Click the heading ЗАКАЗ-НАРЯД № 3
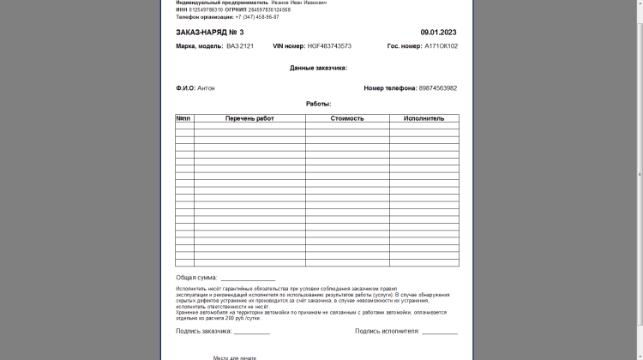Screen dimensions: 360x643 point(210,32)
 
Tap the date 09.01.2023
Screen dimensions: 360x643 point(439,32)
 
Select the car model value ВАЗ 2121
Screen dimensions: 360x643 point(240,46)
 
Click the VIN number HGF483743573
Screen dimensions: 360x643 point(329,46)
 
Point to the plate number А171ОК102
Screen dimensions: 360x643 point(441,46)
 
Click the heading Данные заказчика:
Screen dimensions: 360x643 point(318,67)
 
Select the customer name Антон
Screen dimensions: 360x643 point(206,87)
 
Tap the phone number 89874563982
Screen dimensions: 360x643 point(438,87)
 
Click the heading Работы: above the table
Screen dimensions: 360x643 point(318,104)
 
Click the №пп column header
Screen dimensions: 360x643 point(183,118)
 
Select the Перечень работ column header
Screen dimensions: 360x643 point(249,118)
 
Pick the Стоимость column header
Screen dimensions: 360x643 point(347,118)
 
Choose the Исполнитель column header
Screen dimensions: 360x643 point(424,118)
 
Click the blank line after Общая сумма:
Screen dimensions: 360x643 point(248,279)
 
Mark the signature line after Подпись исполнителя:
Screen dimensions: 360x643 point(439,332)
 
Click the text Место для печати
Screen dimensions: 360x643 point(235,357)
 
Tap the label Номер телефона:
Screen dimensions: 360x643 point(390,87)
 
